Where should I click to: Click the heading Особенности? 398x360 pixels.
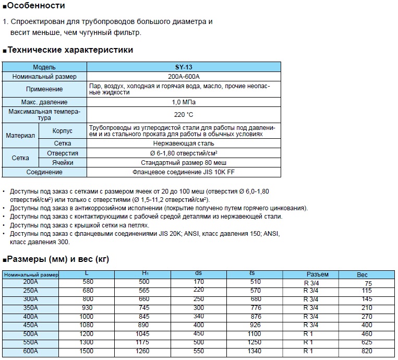coord(37,6)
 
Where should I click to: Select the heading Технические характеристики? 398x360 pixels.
coord(70,50)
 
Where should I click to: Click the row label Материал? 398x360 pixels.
coord(20,135)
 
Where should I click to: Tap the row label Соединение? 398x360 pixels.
coord(44,172)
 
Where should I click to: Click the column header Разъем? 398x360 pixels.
coord(317,274)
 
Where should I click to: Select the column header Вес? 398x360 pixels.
coord(363,274)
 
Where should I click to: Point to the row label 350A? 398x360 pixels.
coord(31,308)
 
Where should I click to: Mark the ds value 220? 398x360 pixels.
coord(199,290)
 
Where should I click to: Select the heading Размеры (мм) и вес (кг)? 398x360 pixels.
coord(58,259)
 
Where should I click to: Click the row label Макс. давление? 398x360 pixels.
coord(44,102)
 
